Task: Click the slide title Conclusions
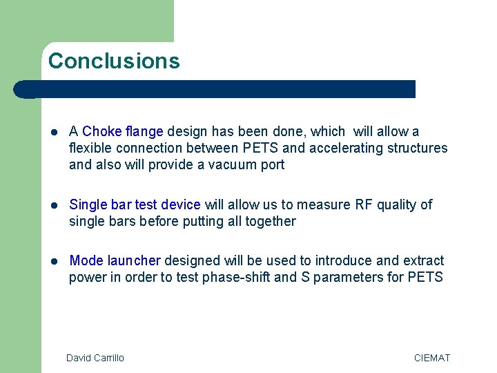tap(114, 61)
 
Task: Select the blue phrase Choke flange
tap(123, 131)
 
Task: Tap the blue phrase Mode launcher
tap(115, 260)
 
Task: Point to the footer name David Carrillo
tap(95, 358)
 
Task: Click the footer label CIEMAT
tap(431, 358)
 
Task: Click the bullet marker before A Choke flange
tap(55, 132)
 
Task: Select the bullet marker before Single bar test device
tap(55, 205)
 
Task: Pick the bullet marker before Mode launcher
tap(55, 261)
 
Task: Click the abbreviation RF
tap(363, 204)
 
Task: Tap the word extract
tap(422, 260)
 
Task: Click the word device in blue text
tap(180, 204)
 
